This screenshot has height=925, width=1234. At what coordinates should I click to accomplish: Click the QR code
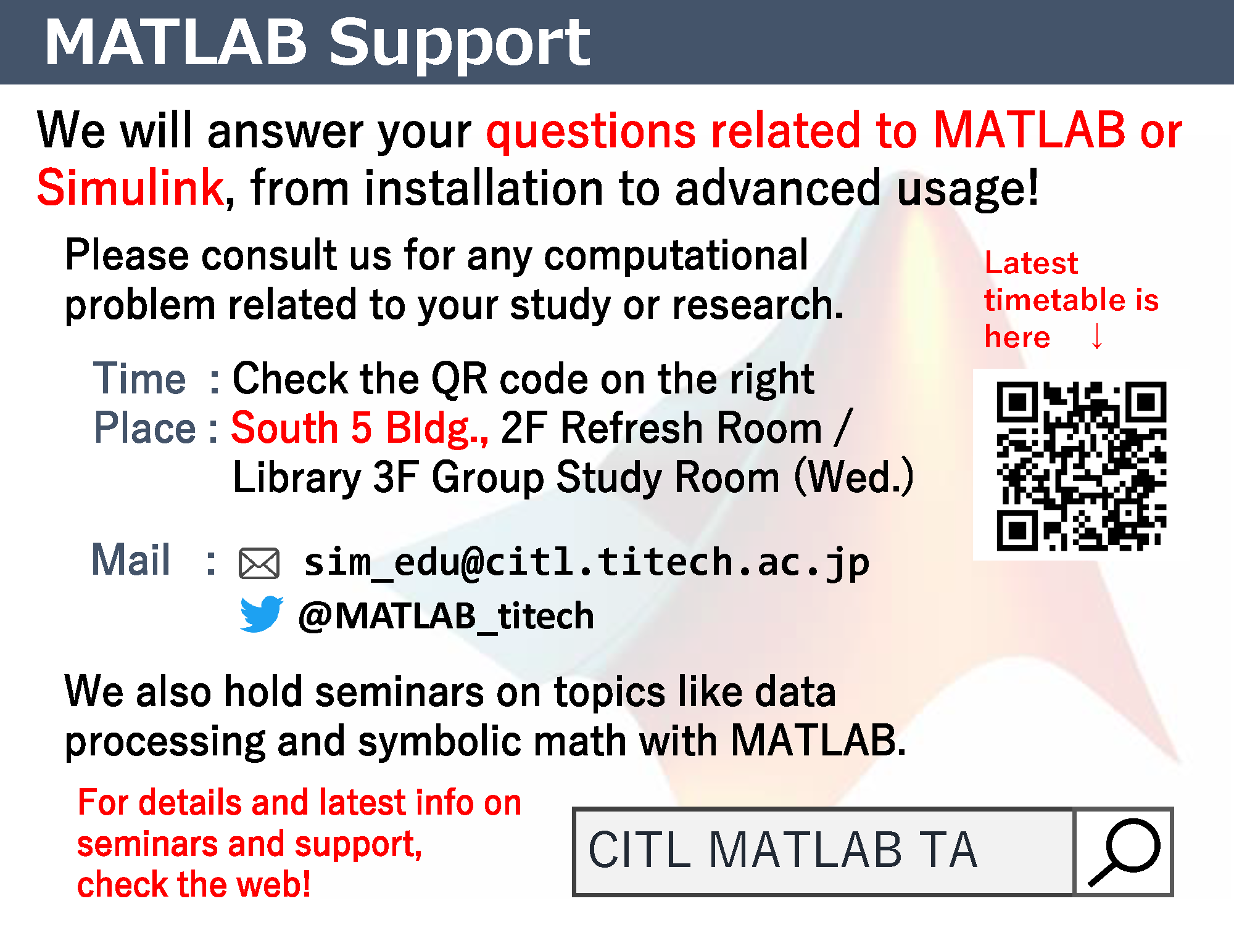coord(1081,466)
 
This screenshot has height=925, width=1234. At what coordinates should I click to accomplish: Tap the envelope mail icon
coord(259,564)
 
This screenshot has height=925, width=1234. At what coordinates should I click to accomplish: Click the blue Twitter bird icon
coord(262,614)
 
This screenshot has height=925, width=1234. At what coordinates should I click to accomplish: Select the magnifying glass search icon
coord(1124,852)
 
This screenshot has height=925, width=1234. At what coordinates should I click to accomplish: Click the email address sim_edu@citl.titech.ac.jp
coord(587,563)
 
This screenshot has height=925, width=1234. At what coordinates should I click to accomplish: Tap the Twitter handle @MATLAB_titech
coord(446,616)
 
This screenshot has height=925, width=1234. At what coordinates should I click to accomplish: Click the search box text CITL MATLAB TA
coord(782,850)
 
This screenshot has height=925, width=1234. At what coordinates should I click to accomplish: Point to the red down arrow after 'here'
coord(1097,336)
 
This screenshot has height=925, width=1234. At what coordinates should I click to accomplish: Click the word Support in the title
coord(460,43)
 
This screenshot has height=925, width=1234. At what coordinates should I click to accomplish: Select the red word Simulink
coord(130,187)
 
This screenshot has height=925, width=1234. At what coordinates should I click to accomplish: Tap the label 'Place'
coord(144,428)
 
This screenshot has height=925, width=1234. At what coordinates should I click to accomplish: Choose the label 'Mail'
coord(131,559)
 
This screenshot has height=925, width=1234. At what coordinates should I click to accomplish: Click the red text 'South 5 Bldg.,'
coord(360,429)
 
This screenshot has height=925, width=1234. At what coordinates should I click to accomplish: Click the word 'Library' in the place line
coord(297,478)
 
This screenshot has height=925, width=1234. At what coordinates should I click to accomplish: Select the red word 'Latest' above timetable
coord(1031,263)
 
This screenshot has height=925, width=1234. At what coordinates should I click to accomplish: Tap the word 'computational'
coord(676,256)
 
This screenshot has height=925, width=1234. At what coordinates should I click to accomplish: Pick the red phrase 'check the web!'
coord(194,885)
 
